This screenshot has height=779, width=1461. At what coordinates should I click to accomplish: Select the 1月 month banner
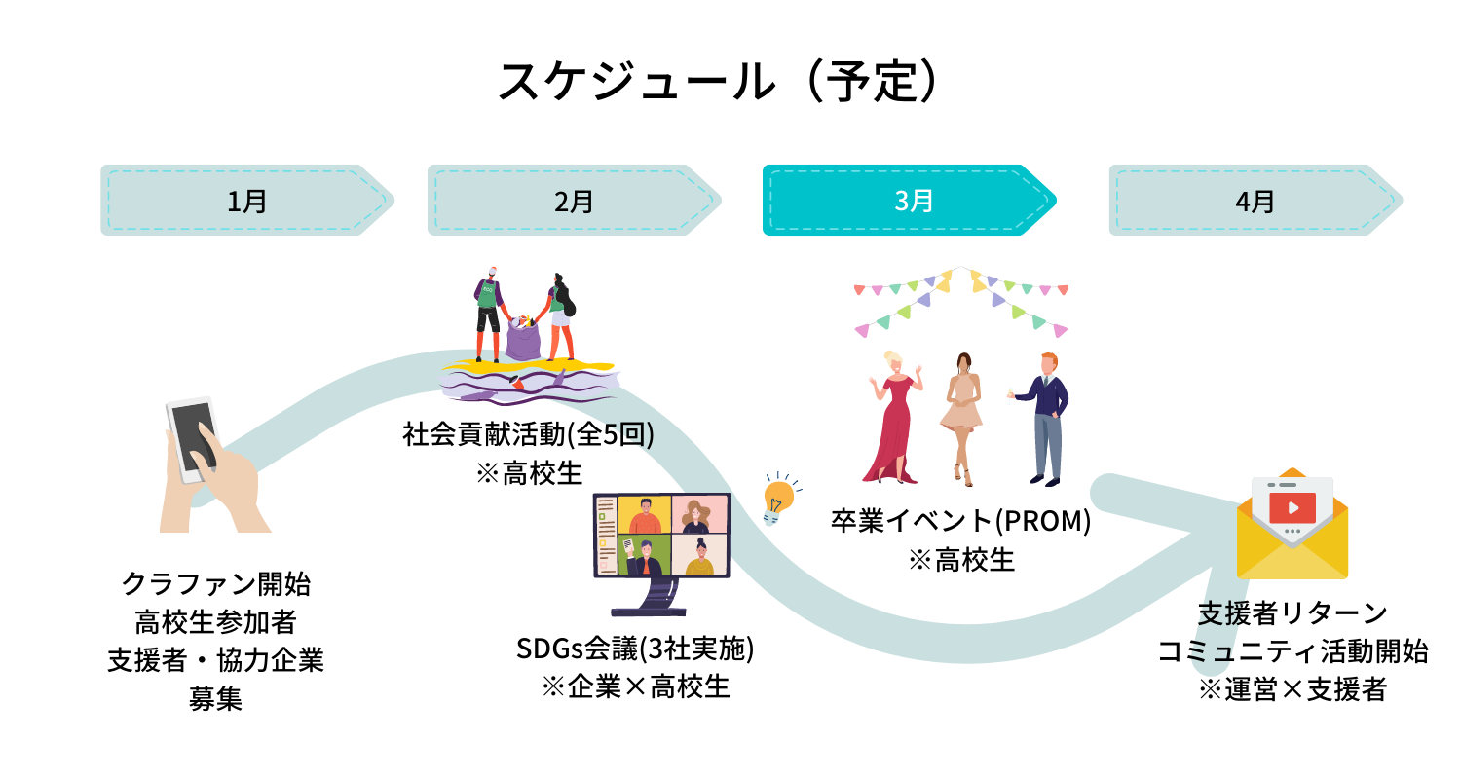tap(246, 201)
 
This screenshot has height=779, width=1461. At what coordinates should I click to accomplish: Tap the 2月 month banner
tap(574, 201)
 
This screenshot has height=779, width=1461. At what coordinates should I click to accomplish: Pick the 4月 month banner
tap(1255, 201)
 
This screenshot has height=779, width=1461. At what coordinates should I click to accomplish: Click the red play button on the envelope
tap(1292, 507)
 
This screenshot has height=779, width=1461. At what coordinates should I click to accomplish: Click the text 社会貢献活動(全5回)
tap(528, 434)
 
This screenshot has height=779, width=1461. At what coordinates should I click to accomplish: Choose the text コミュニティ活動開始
tap(1292, 651)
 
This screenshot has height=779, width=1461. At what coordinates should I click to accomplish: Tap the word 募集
tap(215, 698)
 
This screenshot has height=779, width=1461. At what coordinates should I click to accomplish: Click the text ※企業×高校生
tap(635, 686)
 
